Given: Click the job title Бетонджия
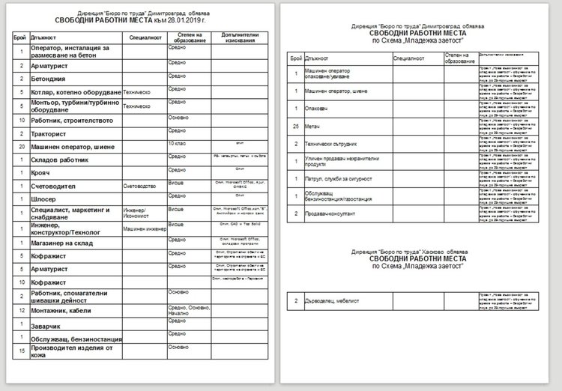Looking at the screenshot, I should (50, 79).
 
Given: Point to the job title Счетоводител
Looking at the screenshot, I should (57, 187).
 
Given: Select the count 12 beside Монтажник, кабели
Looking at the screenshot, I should (22, 309).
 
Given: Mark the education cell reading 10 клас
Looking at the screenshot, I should (178, 142).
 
